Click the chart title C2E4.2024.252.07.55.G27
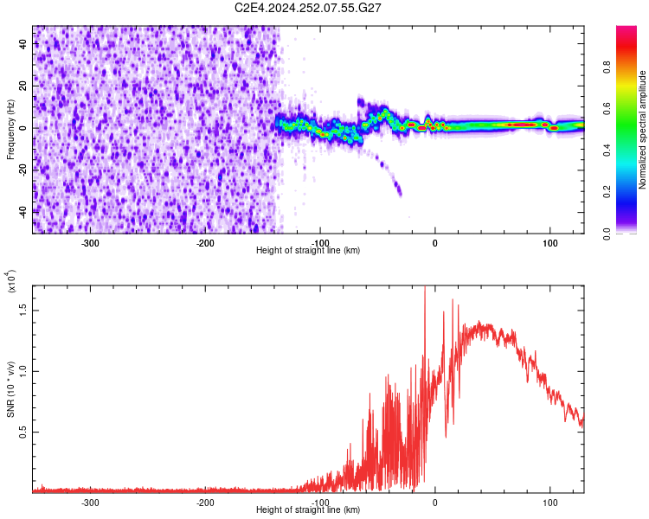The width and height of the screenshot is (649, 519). tap(309, 8)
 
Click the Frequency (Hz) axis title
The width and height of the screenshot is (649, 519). tap(10, 129)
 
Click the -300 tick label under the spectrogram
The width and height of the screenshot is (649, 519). tap(91, 242)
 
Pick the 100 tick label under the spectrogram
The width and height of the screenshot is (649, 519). tap(549, 242)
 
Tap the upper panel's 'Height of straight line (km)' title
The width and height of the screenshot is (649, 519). tap(308, 251)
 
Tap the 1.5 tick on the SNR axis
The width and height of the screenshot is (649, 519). tap(22, 310)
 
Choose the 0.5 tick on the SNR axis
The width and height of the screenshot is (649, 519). tap(22, 432)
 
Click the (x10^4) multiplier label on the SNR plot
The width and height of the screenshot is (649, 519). tap(11, 281)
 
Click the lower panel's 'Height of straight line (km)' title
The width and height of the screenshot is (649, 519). tap(308, 510)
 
